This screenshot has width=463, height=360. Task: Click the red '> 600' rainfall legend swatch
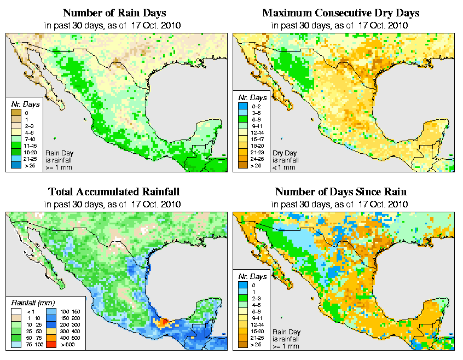pos(49,344)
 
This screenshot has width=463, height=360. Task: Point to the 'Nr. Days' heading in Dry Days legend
pos(256,97)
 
